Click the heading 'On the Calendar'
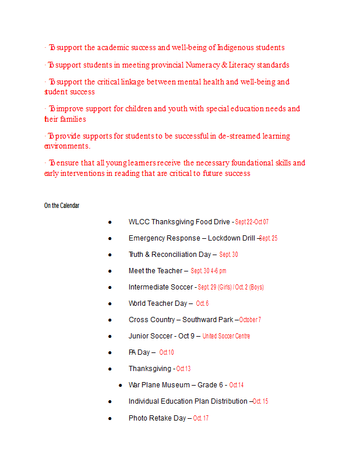[x=62, y=206]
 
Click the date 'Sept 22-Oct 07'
[x=252, y=222]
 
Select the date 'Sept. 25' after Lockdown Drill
[x=268, y=238]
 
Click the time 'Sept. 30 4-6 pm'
[x=209, y=271]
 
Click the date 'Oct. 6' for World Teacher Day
[x=202, y=303]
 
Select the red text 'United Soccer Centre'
[x=226, y=336]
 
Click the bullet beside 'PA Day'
[x=110, y=352]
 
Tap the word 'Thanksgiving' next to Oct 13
[x=150, y=369]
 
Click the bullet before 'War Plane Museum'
[x=120, y=385]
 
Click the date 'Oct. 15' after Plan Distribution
[x=260, y=401]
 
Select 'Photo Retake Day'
[x=157, y=418]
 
